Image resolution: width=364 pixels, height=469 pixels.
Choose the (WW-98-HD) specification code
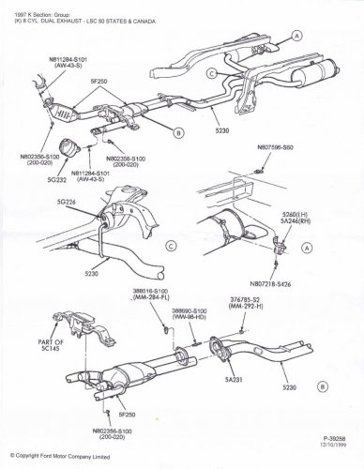(x=189, y=314)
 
